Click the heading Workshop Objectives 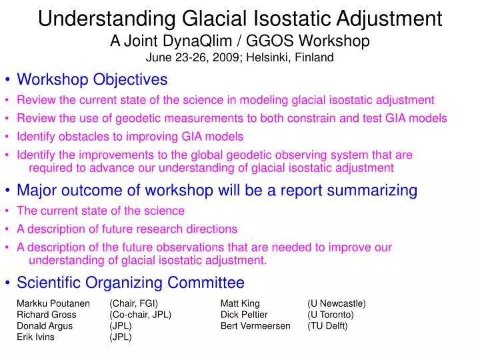coord(92,80)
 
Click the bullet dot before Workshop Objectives coord(7,81)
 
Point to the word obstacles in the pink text coord(80,137)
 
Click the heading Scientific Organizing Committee coord(130,283)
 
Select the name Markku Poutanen coord(53,303)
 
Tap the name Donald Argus coord(45,326)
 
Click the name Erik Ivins coord(35,337)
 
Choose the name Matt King coord(240,303)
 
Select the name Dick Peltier coord(244,315)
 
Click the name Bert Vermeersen coord(255,326)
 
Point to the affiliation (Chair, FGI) coord(133,303)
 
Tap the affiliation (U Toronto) coord(331,315)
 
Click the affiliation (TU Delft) coord(327,326)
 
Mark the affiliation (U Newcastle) coord(336,303)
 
